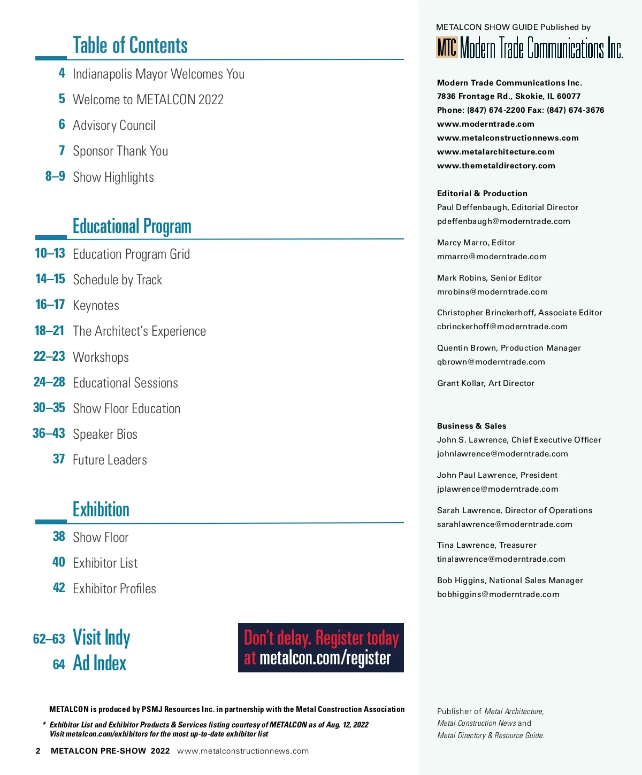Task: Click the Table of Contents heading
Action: coord(130,45)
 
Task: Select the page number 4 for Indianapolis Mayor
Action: coord(62,73)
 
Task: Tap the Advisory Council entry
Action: coord(114,125)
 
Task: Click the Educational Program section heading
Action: coord(132,226)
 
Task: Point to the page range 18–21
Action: coord(49,331)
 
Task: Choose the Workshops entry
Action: coord(101,357)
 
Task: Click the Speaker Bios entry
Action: coord(105,434)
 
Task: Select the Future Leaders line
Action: coord(110,460)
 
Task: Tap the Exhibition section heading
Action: coord(101,509)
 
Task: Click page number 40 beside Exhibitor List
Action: coord(59,562)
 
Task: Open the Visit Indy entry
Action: coord(101,638)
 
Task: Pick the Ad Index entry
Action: coord(100,663)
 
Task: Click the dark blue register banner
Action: coord(320,648)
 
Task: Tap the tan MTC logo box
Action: coord(447,48)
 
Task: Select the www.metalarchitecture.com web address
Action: coord(495,152)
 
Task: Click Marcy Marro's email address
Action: coord(492,257)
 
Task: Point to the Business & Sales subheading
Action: coord(471,426)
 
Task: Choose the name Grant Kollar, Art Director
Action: coord(485,383)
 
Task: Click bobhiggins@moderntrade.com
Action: coord(498,594)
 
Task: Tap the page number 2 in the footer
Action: coord(38,751)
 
